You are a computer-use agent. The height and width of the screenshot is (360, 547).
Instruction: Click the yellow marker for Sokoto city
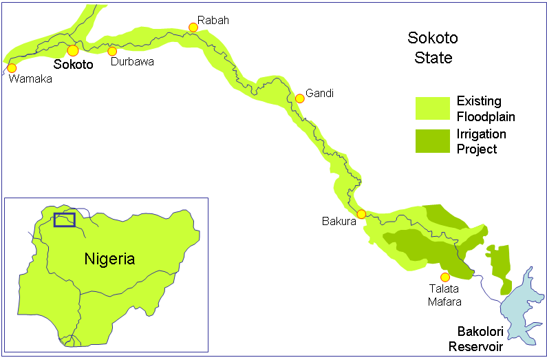(x=72, y=50)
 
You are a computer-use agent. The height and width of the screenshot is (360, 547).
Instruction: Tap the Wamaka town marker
(x=12, y=68)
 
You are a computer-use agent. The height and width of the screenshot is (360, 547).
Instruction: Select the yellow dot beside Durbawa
(x=112, y=51)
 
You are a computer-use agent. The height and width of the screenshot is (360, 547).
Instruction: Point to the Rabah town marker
(x=193, y=28)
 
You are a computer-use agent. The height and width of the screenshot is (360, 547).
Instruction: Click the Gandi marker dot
(x=299, y=98)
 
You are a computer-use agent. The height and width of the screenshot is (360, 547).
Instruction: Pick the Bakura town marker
(x=361, y=214)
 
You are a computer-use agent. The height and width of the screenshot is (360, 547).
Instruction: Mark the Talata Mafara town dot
(x=444, y=277)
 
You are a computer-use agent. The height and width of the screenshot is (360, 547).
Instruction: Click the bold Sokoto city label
(x=73, y=65)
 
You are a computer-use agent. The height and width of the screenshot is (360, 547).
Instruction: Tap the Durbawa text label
(x=132, y=62)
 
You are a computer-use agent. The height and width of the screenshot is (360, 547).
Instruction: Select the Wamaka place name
(x=30, y=79)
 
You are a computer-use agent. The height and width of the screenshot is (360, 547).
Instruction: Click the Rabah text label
(x=213, y=21)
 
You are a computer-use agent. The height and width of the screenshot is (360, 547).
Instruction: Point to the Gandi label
(x=319, y=93)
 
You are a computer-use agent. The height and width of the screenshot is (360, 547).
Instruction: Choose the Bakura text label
(x=339, y=222)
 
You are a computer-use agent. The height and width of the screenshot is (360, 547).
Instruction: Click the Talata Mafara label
(x=444, y=295)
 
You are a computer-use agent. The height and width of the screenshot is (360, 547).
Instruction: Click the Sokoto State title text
(x=433, y=47)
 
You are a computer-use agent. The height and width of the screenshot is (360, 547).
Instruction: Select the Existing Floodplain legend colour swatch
(x=433, y=109)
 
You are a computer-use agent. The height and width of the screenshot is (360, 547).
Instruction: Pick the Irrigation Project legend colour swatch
(x=433, y=140)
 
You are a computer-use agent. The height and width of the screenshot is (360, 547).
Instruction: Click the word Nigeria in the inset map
(x=109, y=259)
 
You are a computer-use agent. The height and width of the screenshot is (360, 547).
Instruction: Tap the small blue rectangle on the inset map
(x=64, y=220)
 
